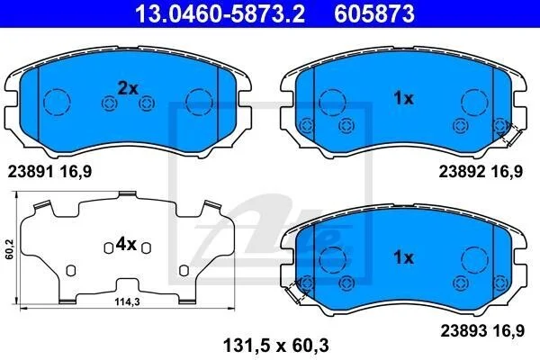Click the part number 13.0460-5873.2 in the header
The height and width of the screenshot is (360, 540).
click(220, 13)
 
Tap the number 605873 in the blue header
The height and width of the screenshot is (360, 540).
click(374, 13)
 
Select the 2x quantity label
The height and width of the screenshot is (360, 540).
click(128, 88)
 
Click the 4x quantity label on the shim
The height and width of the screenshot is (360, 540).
click(126, 245)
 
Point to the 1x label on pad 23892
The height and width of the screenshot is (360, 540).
click(403, 98)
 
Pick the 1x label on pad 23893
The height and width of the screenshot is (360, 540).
click(403, 257)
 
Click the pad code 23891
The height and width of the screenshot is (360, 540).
click(31, 171)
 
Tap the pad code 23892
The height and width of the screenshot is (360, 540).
click(462, 171)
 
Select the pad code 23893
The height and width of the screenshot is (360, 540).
click(463, 330)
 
